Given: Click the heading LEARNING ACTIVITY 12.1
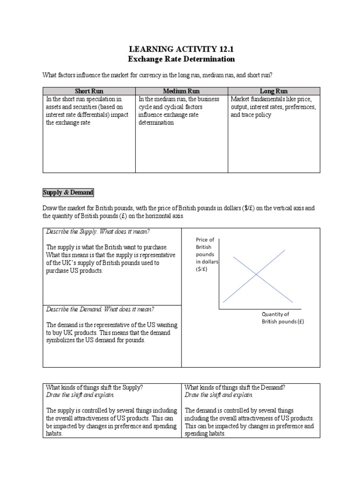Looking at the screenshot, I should (x=181, y=49).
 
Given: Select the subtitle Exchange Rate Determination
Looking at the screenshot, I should (x=181, y=59).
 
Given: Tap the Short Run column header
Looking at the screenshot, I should (x=89, y=91).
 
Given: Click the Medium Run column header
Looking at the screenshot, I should (x=181, y=91).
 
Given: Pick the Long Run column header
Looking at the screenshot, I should (x=274, y=91).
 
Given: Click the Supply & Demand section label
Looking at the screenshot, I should (x=68, y=192).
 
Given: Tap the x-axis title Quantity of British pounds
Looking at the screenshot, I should (x=283, y=318).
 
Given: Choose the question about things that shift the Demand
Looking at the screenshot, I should (x=235, y=387).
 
